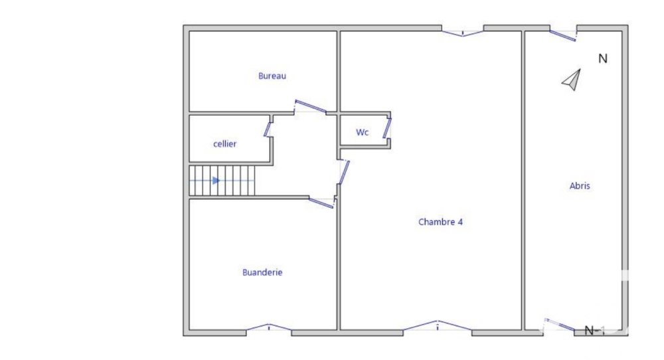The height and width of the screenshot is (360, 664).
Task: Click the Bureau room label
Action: [272, 76]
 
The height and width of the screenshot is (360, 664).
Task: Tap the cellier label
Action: [224, 144]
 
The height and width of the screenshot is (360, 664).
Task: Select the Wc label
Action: [362, 132]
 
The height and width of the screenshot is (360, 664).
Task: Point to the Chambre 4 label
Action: [440, 223]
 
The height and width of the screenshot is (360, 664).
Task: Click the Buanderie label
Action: [262, 272]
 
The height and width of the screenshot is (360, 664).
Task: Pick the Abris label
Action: [580, 186]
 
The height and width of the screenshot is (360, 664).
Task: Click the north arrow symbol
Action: [572, 80]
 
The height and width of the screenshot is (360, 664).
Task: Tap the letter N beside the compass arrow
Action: [603, 58]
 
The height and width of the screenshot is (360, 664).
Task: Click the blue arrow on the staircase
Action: [216, 180]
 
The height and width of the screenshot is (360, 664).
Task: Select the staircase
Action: [222, 181]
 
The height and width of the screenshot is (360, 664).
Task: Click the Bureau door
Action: [310, 106]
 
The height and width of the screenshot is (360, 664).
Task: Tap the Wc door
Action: [388, 128]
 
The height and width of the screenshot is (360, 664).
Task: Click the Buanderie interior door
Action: [321, 203]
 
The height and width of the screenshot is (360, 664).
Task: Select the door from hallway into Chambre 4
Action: [343, 172]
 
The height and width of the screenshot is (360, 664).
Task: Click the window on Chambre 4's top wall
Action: [463, 31]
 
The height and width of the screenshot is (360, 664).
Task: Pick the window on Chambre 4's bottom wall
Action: [438, 325]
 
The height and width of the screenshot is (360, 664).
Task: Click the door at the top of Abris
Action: [563, 35]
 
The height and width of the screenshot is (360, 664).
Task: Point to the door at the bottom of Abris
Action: [560, 325]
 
